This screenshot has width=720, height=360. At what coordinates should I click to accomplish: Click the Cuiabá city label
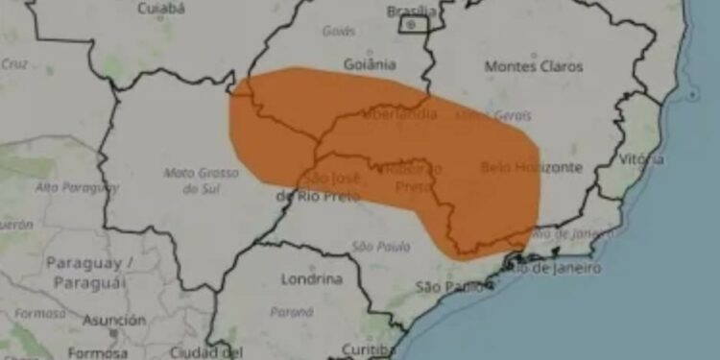(160, 9)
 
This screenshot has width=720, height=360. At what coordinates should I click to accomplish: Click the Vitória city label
(640, 158)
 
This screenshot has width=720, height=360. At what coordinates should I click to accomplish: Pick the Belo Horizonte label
(531, 167)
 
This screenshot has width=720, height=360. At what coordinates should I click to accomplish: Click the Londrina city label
(311, 279)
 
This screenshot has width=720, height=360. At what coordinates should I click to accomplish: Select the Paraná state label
(291, 312)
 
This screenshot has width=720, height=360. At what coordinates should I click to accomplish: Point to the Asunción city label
(113, 320)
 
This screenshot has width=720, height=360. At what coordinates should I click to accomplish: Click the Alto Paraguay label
(78, 187)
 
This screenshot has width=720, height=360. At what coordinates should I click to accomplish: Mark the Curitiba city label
(369, 349)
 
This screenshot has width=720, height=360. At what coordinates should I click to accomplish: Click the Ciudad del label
(199, 350)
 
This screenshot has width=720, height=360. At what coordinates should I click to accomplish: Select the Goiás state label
(338, 31)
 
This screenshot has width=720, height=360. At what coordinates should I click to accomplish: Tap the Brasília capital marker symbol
(413, 24)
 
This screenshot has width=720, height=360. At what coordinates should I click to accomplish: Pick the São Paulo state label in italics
(373, 247)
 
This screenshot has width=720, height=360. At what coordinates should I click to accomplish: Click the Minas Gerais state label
(492, 115)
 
